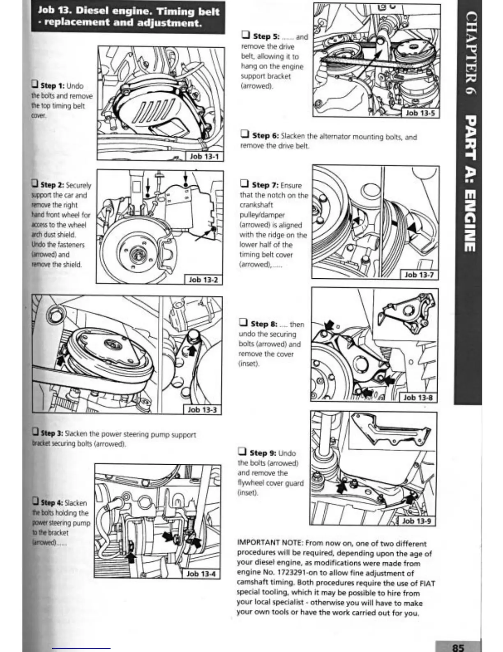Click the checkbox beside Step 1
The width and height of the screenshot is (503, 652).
[35, 85]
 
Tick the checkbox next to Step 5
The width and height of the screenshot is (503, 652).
[246, 36]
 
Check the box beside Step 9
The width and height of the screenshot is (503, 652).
[242, 452]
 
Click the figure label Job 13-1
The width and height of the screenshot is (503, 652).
[204, 156]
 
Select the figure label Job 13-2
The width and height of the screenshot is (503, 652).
[203, 279]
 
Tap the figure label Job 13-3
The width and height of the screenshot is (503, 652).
[202, 410]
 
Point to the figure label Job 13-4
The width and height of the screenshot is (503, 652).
[201, 573]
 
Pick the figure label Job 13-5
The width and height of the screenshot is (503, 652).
[420, 112]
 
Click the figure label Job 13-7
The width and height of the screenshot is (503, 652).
[419, 275]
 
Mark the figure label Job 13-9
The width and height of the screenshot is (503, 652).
[416, 521]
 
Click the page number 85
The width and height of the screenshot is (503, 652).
[458, 647]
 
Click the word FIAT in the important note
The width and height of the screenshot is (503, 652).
[427, 583]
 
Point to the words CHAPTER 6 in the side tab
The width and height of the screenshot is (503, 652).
[469, 54]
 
